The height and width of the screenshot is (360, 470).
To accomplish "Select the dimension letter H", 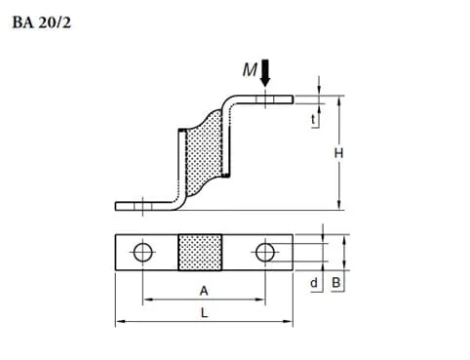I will tap(337, 153).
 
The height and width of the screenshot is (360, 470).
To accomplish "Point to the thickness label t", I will tap(313, 121).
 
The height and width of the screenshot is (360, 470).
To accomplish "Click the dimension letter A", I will tap(203, 290).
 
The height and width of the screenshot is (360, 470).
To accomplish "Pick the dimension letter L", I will tap(203, 312).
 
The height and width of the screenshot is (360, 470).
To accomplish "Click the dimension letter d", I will tap(314, 283).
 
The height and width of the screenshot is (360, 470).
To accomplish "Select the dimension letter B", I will tap(336, 283).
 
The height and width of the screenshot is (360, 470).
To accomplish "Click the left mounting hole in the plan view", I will tap(143, 253).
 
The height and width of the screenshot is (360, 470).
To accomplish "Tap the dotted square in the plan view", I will tap(203, 253).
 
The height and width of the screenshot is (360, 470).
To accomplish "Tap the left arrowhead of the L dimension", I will tap(119, 321).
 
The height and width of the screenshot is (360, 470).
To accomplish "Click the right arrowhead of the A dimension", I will tap(259, 300).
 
